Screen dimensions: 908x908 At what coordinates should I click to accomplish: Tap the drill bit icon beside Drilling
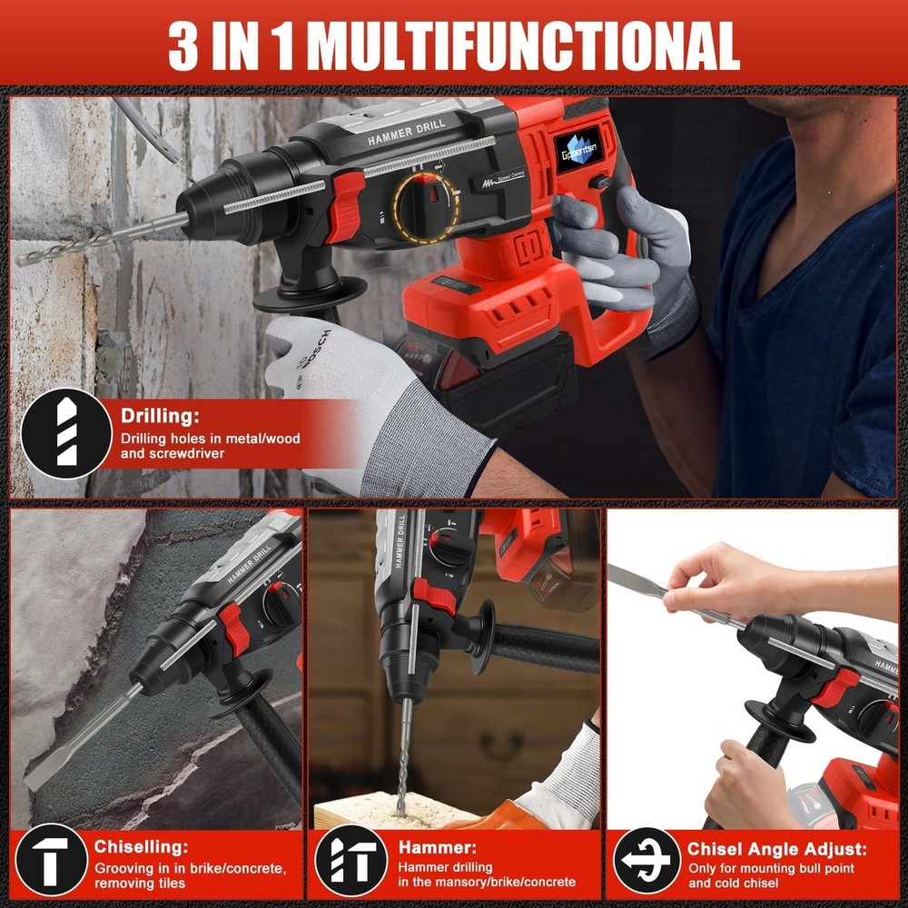pos(66,434)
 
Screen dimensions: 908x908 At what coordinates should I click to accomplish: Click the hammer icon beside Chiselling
pos(52,859)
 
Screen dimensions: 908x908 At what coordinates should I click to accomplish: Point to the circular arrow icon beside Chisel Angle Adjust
pos(647,859)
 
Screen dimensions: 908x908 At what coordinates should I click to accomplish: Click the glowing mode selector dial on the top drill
pos(426,206)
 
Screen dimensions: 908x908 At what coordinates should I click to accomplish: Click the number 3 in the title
pos(183,44)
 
